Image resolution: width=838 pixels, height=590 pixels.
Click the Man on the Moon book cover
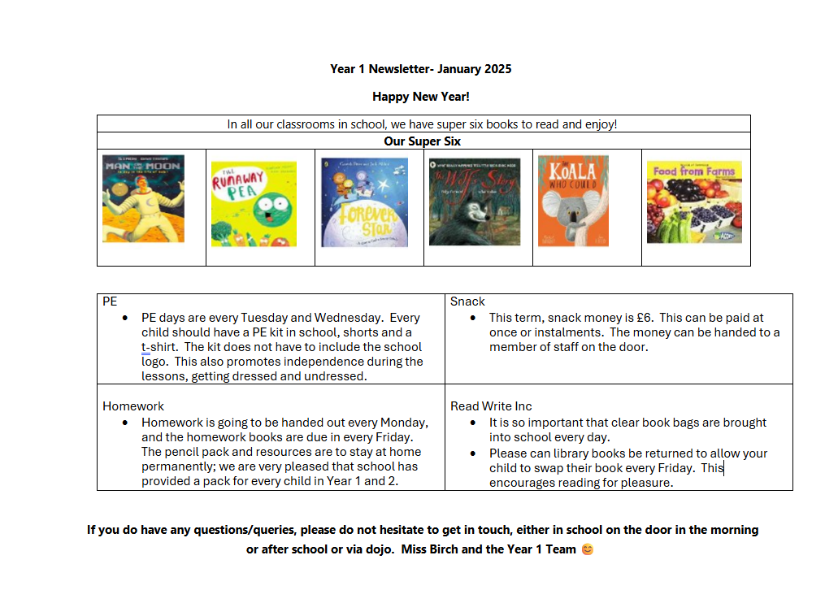[143, 198]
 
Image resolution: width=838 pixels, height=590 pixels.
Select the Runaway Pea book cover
[254, 203]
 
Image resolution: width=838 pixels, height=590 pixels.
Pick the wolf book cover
[474, 202]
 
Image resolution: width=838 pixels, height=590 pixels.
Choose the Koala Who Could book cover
[573, 200]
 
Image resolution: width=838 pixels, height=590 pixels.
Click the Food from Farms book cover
[694, 202]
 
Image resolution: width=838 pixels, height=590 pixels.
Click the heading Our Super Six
[423, 141]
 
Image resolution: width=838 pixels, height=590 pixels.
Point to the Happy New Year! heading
[421, 97]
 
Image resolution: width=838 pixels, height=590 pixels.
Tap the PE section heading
[110, 302]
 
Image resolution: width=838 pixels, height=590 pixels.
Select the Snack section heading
[467, 302]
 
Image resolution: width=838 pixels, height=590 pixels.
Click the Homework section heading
[133, 406]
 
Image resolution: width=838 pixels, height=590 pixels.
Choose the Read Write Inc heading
[491, 406]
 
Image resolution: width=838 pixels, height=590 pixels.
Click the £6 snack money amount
[640, 318]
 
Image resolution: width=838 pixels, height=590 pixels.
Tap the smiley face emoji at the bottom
[587, 549]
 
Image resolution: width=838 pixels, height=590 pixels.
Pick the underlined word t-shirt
[159, 347]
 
